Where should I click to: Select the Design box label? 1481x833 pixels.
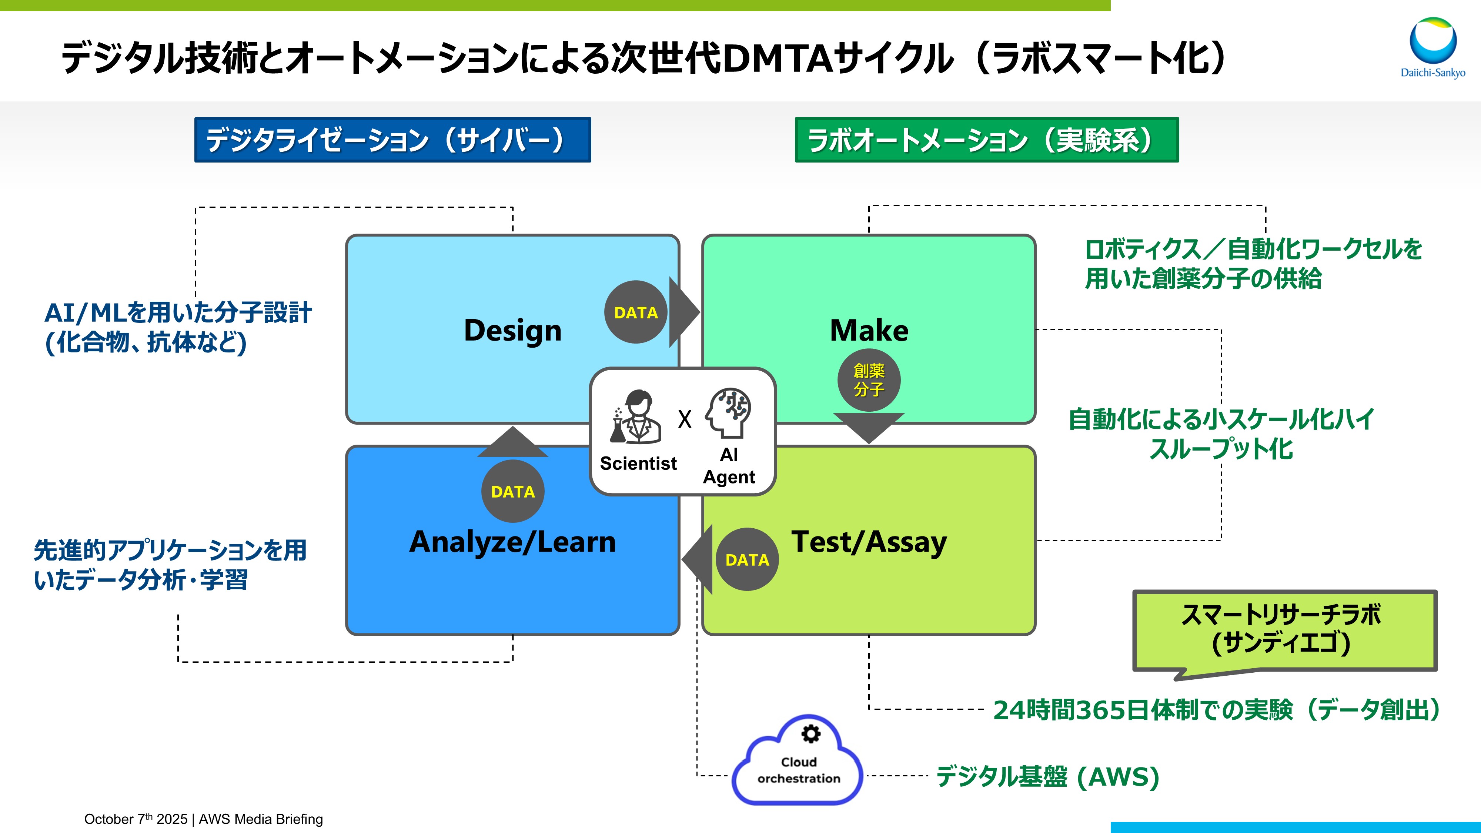coord(512,331)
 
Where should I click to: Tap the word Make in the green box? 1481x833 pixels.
coord(869,331)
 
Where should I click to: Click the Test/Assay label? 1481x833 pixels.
coord(869,542)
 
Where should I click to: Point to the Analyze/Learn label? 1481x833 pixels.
coord(512,542)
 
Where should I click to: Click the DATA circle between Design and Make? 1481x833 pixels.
coord(635,312)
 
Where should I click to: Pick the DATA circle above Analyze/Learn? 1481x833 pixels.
coord(512,492)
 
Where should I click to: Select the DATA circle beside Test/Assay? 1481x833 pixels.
coord(747,559)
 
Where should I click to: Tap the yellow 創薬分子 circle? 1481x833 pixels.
coord(869,380)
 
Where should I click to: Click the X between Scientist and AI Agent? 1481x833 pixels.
coord(684,419)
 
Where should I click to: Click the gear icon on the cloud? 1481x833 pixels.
coord(810,733)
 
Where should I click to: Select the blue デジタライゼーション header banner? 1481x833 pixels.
coord(392,140)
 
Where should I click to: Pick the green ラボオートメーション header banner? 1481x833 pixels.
coord(986,140)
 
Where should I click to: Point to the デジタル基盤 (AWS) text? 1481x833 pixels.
coord(1047,777)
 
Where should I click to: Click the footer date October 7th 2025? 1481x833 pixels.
coord(136,819)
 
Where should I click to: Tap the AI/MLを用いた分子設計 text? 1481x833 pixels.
coord(178,313)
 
